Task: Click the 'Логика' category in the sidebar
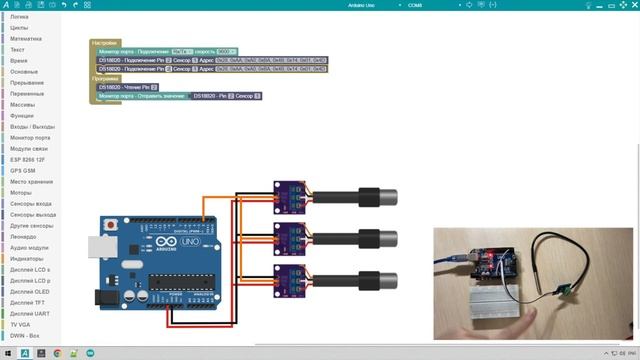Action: click(19, 17)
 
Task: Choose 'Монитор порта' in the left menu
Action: click(29, 136)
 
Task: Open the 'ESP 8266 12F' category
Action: click(29, 158)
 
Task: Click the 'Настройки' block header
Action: click(104, 43)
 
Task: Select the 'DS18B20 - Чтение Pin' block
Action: click(127, 87)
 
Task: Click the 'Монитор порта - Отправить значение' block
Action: click(140, 96)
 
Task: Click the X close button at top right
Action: click(629, 6)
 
